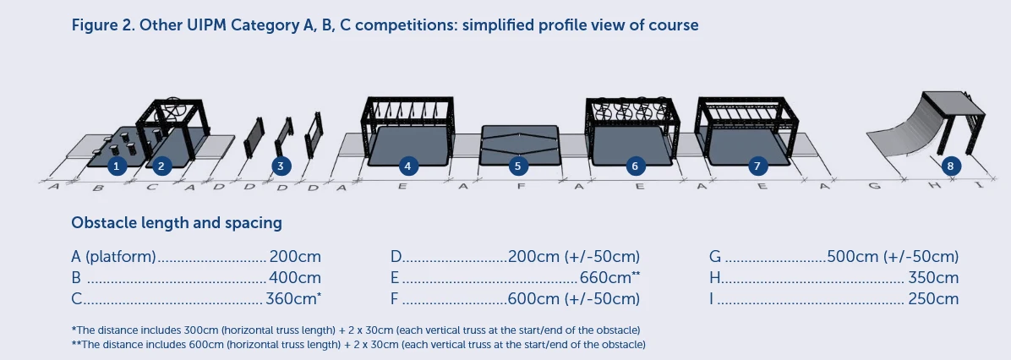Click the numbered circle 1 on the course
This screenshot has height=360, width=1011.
pos(116,166)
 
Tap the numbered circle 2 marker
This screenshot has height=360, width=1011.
pos(161,166)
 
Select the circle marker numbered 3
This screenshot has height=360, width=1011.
pos(280,166)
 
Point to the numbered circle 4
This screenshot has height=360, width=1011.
pos(407,166)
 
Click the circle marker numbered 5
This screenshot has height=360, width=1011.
pos(518,166)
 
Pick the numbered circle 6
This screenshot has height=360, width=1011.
pos(635,166)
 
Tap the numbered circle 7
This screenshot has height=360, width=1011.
pos(757,166)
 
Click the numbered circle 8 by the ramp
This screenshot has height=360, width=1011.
pos(950,166)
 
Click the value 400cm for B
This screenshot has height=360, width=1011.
pos(295,278)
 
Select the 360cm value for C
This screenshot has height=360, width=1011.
pos(292,299)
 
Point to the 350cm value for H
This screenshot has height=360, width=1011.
pos(933,278)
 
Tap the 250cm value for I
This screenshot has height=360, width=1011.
pos(933,299)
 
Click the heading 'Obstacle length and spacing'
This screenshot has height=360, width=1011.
pos(177,223)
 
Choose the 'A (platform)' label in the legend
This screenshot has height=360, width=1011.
pos(113,257)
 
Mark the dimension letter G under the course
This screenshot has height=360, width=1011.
pos(874,186)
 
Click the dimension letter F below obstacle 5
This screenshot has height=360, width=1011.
pos(521,187)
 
